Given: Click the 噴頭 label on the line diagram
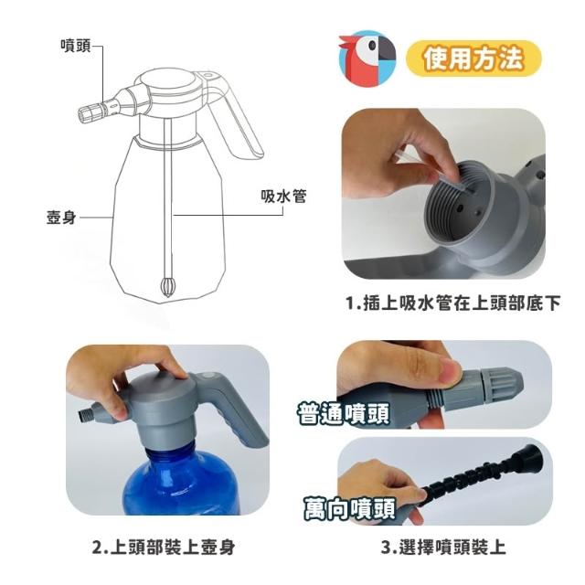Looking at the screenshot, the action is point(76,46).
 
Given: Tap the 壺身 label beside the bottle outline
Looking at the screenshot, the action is point(61,218).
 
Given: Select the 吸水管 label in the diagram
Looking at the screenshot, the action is point(283,197).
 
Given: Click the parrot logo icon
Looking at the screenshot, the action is point(367,58).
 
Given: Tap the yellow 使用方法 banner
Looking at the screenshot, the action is point(473,58).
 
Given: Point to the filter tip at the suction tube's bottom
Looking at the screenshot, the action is point(166,287).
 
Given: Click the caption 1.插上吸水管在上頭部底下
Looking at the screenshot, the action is point(453,303).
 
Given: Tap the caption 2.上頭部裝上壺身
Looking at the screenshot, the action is point(164,548).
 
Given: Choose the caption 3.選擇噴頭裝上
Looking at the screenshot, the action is point(443,548).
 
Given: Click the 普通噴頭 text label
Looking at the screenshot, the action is point(344,413).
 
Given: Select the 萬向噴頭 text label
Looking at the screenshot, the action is point(349,508).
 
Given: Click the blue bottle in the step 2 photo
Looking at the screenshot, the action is point(182,482).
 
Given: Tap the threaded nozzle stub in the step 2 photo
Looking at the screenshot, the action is point(87,416).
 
